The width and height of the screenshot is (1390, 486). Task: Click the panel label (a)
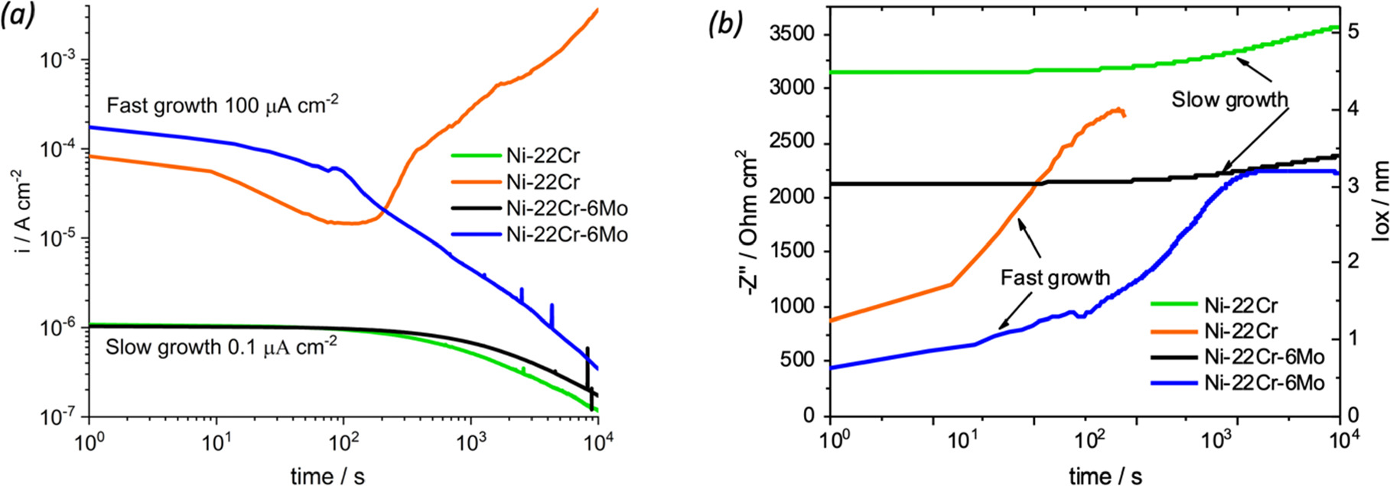pyautogui.click(x=18, y=16)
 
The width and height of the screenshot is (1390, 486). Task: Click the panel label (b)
pyautogui.click(x=725, y=24)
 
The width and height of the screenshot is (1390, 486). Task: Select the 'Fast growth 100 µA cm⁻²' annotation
pyautogui.click(x=222, y=105)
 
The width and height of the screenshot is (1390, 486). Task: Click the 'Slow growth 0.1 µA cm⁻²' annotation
pyautogui.click(x=221, y=346)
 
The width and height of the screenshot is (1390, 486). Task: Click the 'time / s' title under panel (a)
pyautogui.click(x=327, y=476)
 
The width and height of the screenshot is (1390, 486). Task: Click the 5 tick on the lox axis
pyautogui.click(x=1353, y=31)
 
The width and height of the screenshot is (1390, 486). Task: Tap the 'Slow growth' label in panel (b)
pyautogui.click(x=1229, y=99)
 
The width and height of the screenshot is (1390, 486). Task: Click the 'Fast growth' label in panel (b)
pyautogui.click(x=1054, y=277)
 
